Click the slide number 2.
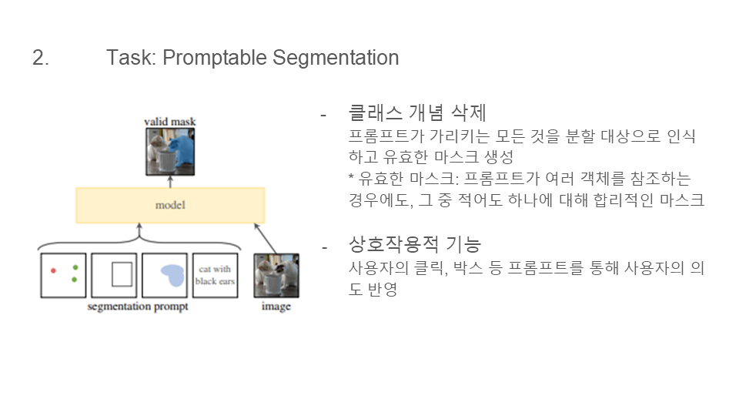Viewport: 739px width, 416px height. pos(41,58)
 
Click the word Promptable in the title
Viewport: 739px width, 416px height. pos(215,59)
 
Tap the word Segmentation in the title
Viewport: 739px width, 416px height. pos(336,59)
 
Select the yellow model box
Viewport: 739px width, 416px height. pos(170,205)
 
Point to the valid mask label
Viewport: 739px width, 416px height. pos(169,122)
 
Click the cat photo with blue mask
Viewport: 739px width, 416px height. pos(170,152)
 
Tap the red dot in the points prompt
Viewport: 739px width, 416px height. pos(53,270)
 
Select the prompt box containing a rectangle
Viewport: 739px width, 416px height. pos(114,276)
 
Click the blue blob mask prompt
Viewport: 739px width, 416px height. pos(173,275)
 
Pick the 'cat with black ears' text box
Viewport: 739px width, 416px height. pos(215,276)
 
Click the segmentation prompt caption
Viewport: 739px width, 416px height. pos(138,307)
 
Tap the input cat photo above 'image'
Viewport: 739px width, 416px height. pos(276,276)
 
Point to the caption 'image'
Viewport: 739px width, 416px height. pos(276,307)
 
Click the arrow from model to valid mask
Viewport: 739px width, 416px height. pos(170,182)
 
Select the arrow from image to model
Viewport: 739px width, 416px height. pos(266,238)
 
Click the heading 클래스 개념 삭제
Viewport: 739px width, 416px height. pos(417,112)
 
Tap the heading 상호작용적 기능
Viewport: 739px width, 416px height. pos(415,244)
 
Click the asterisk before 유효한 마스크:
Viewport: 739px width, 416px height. pos(351,177)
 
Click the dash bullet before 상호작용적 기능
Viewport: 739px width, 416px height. pos(324,247)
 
